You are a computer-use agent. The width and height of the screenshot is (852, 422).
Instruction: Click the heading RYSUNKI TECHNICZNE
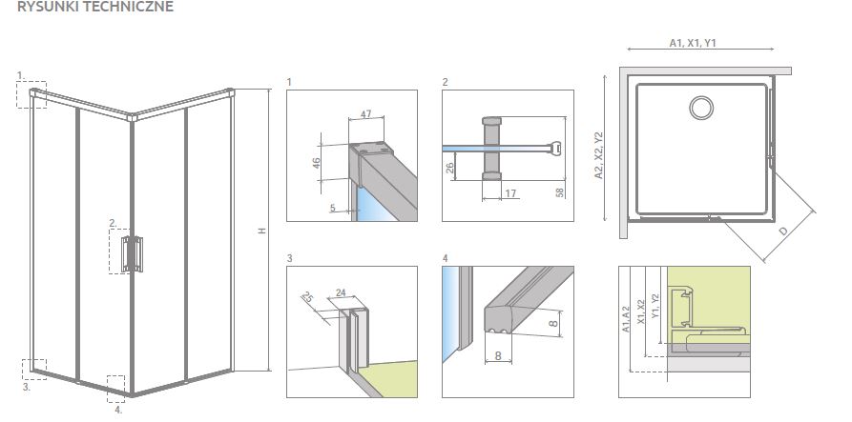(95, 8)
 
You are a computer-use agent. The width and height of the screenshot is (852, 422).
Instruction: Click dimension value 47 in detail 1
(366, 114)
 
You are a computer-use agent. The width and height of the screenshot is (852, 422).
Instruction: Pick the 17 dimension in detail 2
(511, 193)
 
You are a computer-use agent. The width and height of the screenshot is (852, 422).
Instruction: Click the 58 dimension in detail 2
(559, 192)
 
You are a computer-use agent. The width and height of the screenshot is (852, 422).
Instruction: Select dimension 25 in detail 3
(308, 298)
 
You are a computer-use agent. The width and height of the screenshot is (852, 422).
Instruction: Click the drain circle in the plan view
(702, 107)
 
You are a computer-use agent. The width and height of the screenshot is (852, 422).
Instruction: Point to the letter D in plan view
(782, 231)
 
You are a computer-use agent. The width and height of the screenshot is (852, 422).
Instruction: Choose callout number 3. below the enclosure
(27, 388)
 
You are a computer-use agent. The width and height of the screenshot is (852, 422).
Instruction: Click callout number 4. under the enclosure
(118, 411)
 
